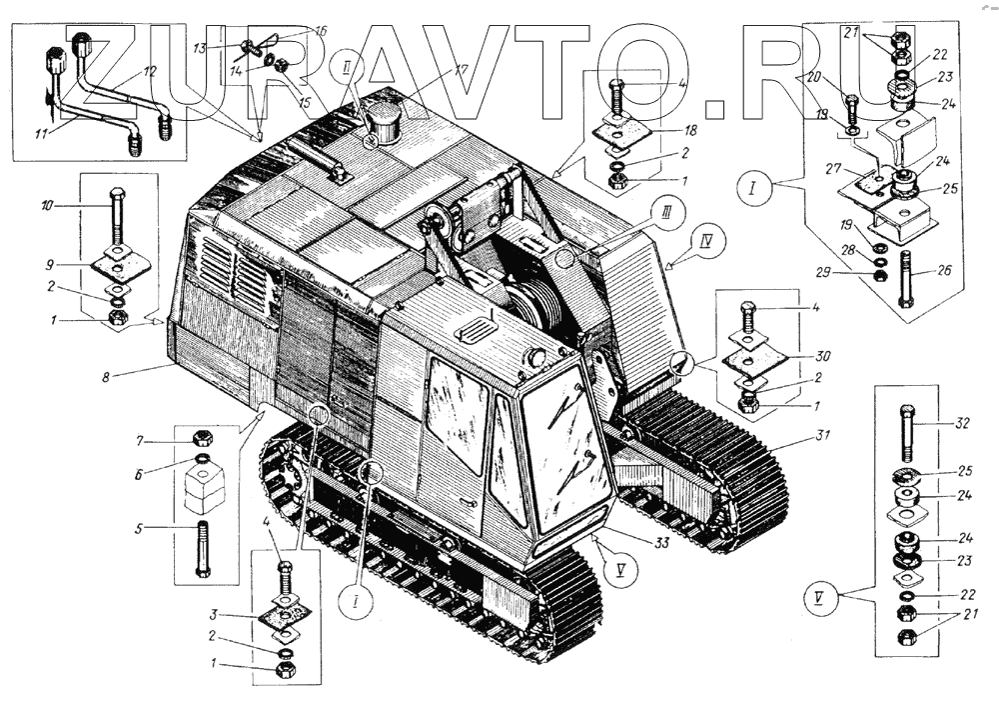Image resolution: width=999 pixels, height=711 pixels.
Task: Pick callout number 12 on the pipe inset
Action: pyautogui.click(x=149, y=71)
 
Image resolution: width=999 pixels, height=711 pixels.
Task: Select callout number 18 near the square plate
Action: pyautogui.click(x=690, y=130)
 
